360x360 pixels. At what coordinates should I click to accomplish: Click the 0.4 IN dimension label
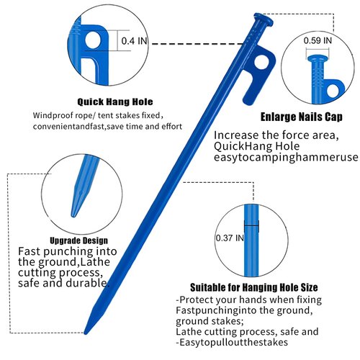(134, 41)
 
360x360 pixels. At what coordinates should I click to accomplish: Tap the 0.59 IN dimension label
(318, 40)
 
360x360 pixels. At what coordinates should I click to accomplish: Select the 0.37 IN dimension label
(230, 238)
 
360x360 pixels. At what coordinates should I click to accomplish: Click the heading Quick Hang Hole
(115, 102)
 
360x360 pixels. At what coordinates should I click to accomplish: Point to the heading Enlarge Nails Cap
(302, 117)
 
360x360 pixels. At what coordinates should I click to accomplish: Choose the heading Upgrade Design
(79, 240)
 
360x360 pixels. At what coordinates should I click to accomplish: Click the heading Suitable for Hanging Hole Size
(254, 287)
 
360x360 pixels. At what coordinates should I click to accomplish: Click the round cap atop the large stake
(264, 19)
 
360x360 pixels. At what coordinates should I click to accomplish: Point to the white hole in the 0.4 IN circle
(94, 40)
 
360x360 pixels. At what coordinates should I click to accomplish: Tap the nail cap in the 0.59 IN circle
(318, 58)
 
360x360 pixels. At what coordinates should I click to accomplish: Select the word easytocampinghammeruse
(286, 158)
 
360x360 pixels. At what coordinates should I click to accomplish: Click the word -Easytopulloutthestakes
(232, 342)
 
